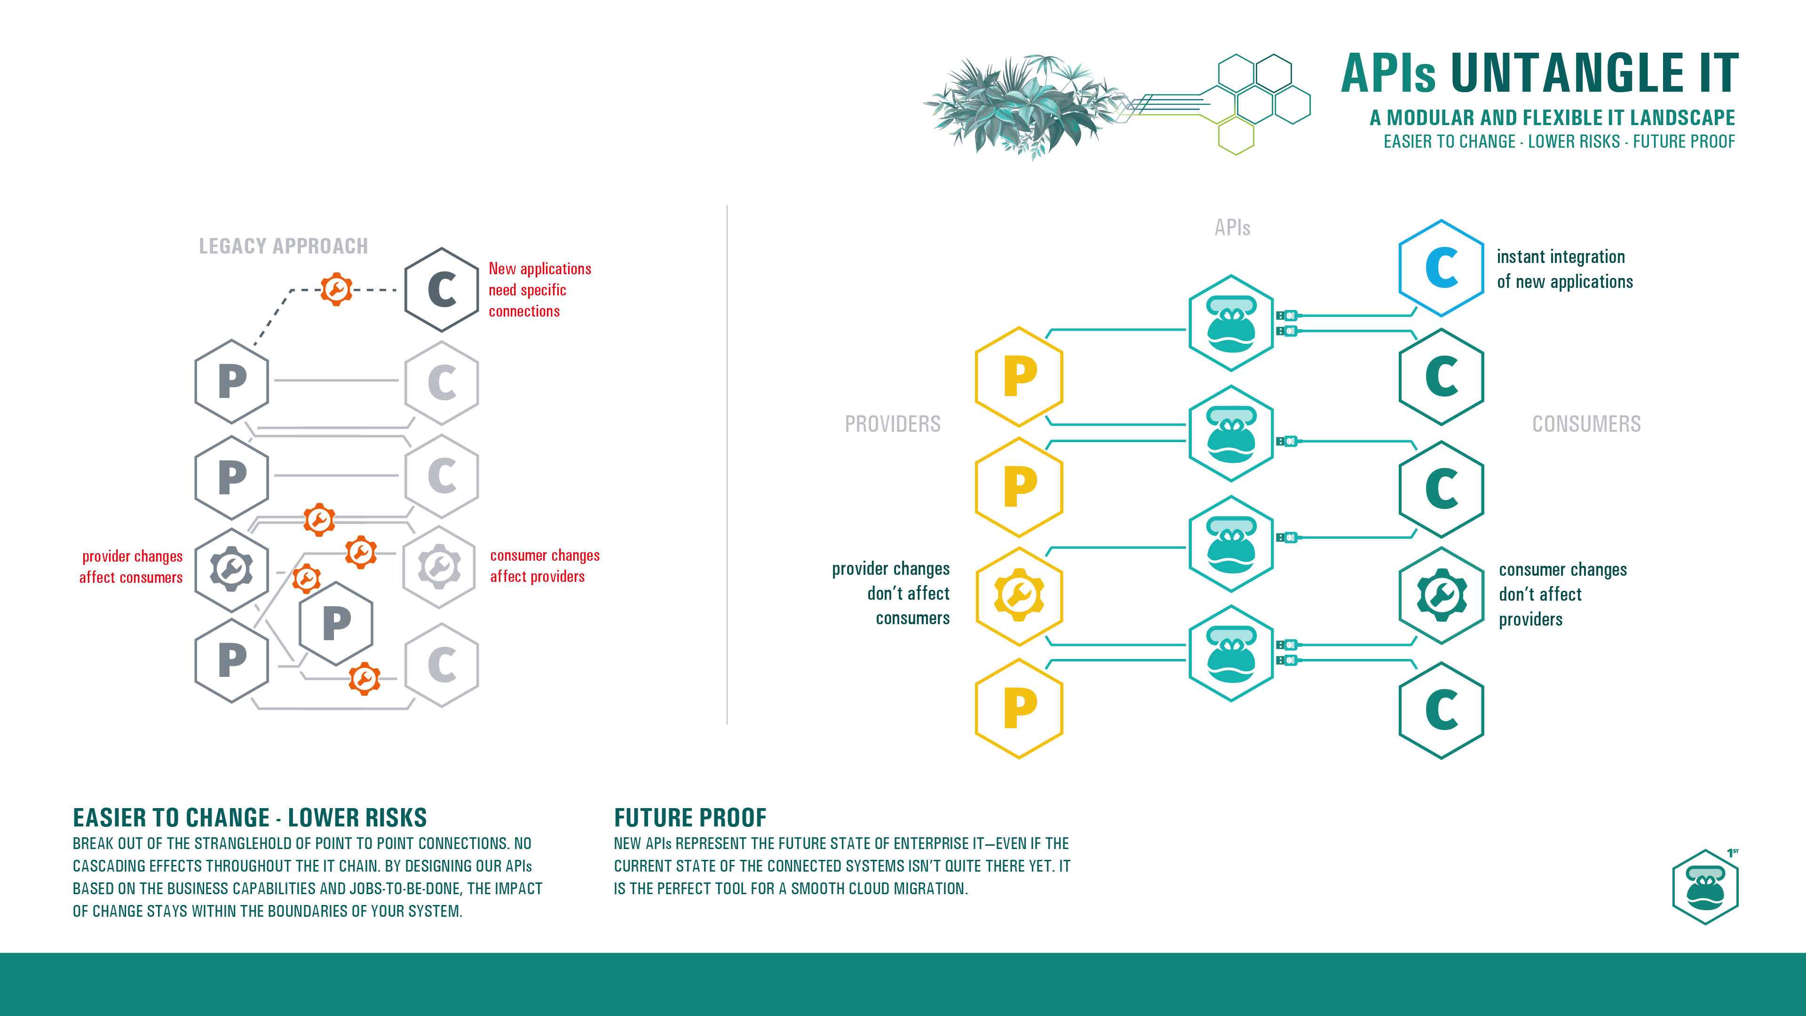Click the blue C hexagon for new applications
point(1441,268)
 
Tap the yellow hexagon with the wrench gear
point(1019,596)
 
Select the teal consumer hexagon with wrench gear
point(1441,595)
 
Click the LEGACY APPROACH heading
point(283,246)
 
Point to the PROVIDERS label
point(893,424)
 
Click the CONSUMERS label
point(1586,424)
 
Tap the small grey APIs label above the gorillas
point(1232,228)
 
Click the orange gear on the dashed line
point(337,289)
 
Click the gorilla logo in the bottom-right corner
point(1705,887)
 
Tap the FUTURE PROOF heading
point(690,818)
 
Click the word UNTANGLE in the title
point(1567,74)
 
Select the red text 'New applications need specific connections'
point(539,290)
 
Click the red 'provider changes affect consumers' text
point(131,566)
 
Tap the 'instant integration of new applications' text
point(1564,269)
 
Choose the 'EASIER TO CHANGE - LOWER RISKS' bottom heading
point(250,818)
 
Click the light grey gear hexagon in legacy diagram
point(440,566)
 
